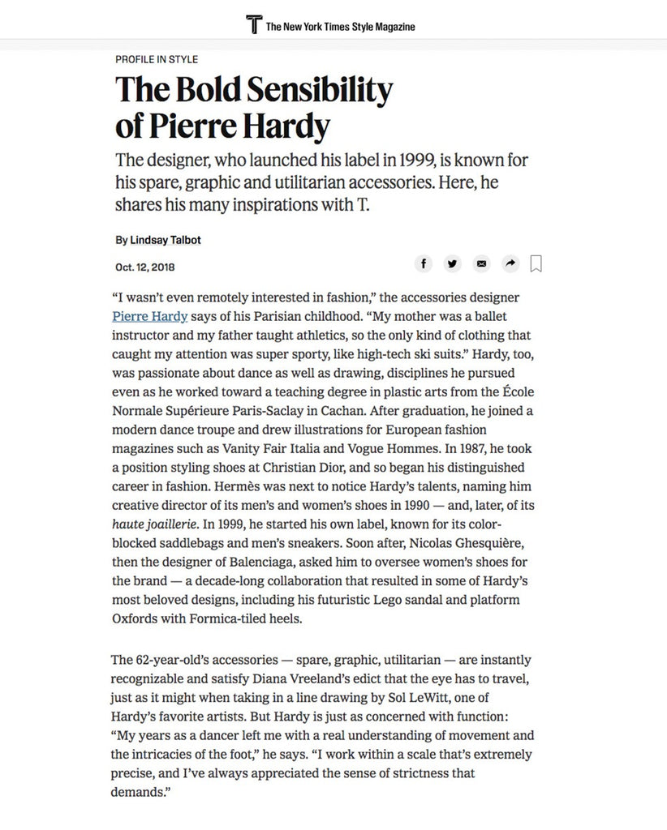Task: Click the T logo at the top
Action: coord(254,24)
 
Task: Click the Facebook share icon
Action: coord(424,263)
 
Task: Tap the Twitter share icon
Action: coord(453,263)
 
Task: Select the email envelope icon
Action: coord(482,263)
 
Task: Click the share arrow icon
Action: coord(510,263)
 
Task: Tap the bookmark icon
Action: coord(536,263)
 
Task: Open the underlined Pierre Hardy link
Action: coord(150,316)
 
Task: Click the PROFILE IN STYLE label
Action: coord(157,59)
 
